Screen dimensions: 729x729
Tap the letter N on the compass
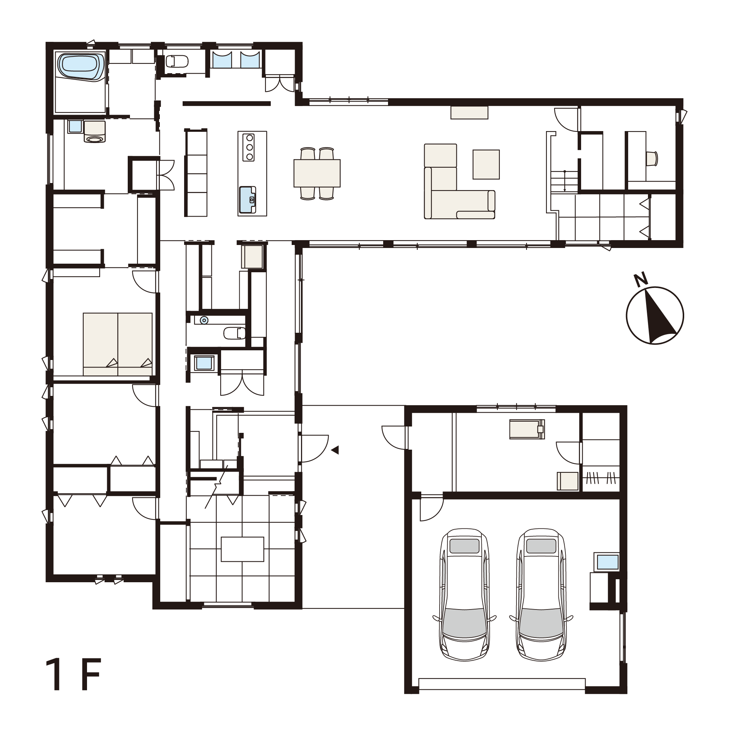[641, 279]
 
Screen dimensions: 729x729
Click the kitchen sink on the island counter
[248, 199]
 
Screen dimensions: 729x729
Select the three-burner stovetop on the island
[249, 147]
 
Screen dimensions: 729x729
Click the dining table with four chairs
[317, 173]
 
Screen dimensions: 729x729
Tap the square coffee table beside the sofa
[486, 164]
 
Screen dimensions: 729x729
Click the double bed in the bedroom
[118, 344]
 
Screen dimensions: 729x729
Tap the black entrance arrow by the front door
[335, 450]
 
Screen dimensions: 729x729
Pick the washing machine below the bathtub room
[94, 131]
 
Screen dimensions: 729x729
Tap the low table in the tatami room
[242, 549]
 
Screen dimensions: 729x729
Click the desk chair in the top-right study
[652, 158]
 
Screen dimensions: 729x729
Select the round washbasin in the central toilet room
[204, 320]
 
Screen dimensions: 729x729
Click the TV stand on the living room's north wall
[469, 112]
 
